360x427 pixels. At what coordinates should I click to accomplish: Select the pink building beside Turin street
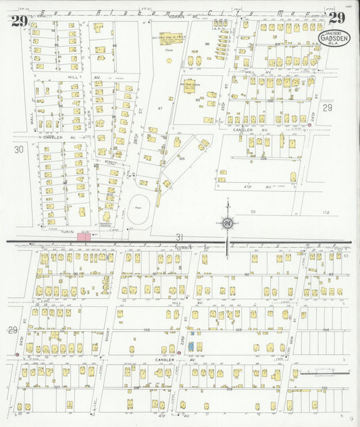click(x=84, y=236)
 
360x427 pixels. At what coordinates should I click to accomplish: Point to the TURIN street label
click(x=66, y=230)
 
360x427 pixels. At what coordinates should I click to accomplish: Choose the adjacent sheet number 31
click(x=179, y=236)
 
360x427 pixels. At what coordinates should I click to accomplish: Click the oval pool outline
click(x=139, y=203)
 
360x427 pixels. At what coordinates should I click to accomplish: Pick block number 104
click(x=326, y=328)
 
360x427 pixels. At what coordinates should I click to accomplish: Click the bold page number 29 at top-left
click(x=19, y=21)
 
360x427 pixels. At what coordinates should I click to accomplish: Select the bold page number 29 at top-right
click(x=339, y=18)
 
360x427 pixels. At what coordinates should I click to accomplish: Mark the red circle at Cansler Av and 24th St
click(x=309, y=125)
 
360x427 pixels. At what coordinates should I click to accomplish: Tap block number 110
click(x=324, y=387)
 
